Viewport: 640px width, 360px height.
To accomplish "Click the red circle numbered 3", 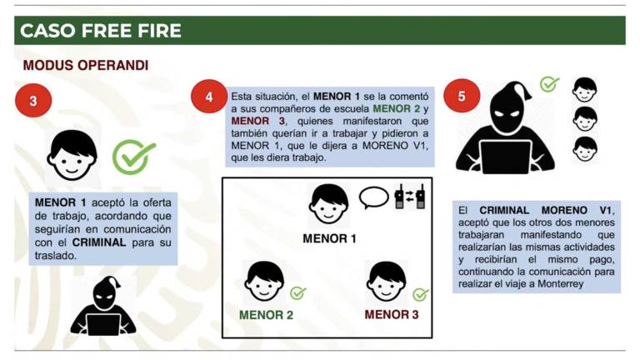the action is [x=33, y=100].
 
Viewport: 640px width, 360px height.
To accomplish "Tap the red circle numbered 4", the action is [x=209, y=97].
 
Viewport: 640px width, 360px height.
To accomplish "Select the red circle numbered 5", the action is [x=462, y=96].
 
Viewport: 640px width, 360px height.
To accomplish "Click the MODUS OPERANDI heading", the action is [x=86, y=65].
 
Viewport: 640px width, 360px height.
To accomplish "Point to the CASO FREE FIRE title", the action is [x=100, y=31].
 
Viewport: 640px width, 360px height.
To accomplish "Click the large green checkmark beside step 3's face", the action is [x=133, y=157].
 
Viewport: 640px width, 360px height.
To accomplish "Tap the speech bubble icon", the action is [x=373, y=197].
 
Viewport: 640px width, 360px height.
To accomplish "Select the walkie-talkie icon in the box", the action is [x=410, y=197].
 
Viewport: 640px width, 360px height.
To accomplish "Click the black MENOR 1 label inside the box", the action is [x=329, y=238].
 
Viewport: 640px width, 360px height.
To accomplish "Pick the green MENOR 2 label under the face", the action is [x=266, y=315].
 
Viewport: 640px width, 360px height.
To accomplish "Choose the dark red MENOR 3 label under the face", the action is [x=392, y=315].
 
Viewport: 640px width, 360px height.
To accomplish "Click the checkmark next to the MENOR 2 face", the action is [x=298, y=292].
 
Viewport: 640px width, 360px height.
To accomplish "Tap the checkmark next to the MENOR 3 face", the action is [x=421, y=294].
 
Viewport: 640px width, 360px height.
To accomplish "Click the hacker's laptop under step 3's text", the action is [x=103, y=324].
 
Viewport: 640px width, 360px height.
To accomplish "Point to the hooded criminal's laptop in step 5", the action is [x=505, y=157].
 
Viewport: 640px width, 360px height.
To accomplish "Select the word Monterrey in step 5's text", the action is [x=560, y=283].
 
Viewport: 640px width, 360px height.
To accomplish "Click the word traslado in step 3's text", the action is [x=56, y=256].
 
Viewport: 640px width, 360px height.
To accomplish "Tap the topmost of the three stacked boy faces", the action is [x=584, y=90].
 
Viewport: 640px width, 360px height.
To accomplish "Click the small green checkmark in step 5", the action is [x=549, y=84].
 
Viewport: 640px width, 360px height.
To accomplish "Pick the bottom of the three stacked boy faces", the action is [x=585, y=149].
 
